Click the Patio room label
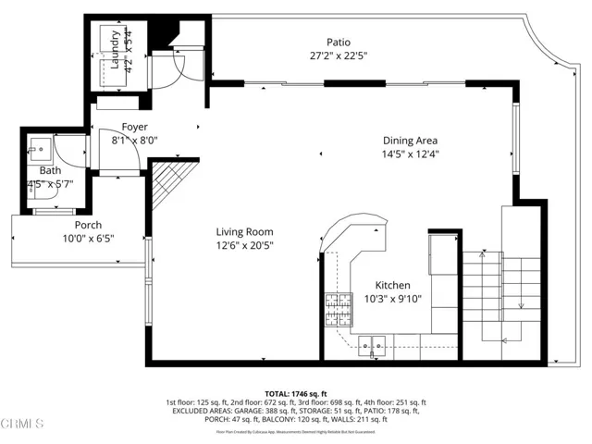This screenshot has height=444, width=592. tap(338, 42)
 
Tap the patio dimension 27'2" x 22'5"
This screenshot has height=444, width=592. tap(338, 55)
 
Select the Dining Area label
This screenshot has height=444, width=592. tap(411, 141)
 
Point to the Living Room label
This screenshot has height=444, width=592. tap(244, 232)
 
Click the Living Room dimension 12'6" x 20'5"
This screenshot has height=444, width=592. tap(244, 246)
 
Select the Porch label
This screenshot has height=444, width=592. tap(88, 226)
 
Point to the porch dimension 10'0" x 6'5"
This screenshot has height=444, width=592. tap(88, 240)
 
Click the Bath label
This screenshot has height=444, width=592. tap(50, 171)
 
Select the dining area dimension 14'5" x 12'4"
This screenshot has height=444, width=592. tap(411, 154)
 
